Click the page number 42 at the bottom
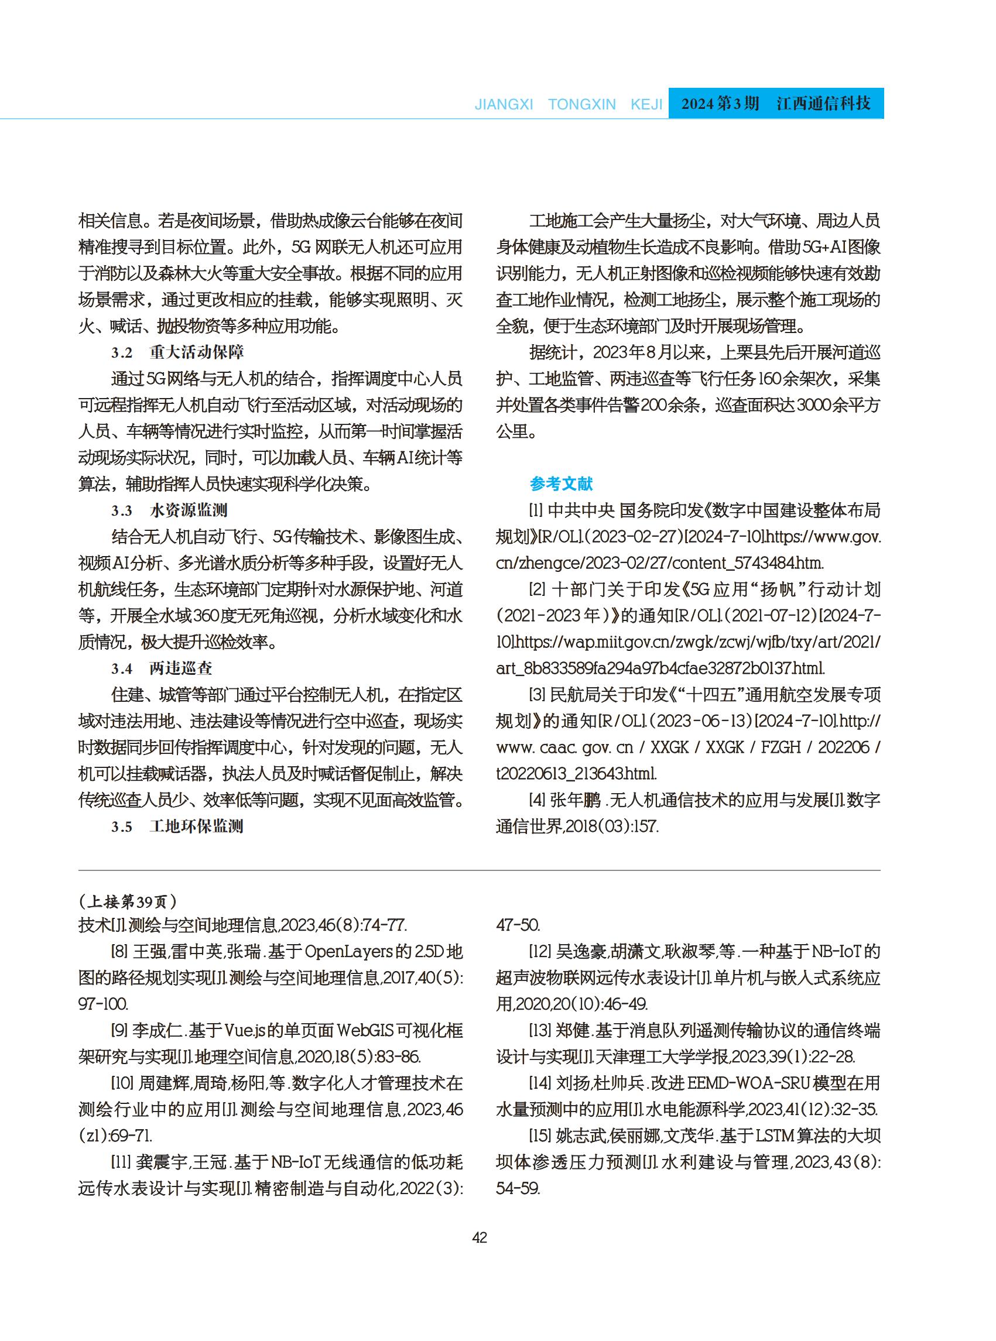coord(480,1237)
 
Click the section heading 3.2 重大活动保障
coord(177,352)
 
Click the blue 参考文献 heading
coord(561,483)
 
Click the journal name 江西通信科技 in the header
coord(824,104)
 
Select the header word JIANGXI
coord(504,104)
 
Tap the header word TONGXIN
coord(582,104)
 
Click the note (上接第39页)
coord(128,901)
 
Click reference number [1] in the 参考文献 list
coord(536,510)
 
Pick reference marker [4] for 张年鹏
coord(537,800)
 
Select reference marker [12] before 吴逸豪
coord(539,952)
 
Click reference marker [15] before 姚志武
coord(539,1136)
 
